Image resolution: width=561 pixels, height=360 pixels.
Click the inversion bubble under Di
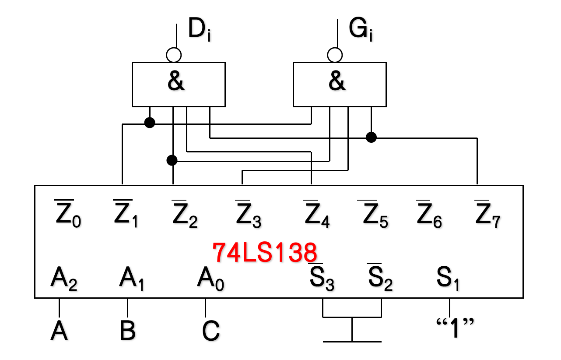(174, 55)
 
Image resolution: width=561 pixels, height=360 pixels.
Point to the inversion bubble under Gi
(335, 55)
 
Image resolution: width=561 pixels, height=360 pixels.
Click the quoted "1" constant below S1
(455, 328)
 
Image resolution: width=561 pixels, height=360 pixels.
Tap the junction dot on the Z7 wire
(371, 138)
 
